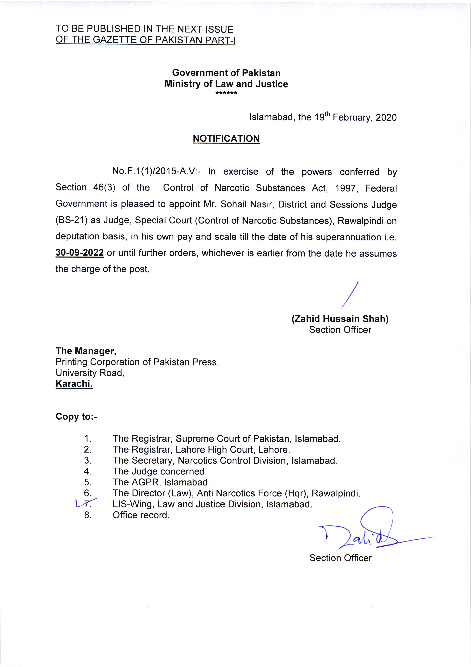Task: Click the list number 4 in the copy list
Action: coord(87,471)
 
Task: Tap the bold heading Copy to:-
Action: coord(76,417)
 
